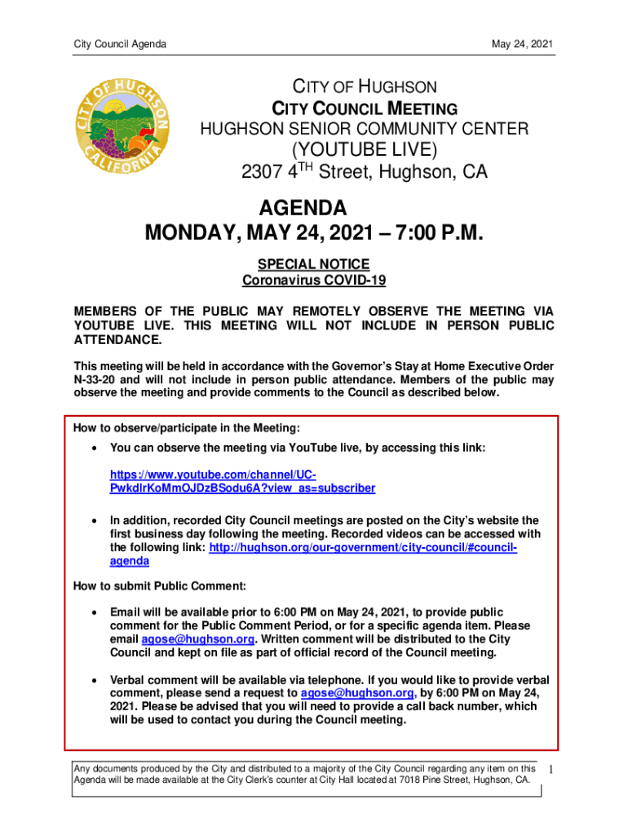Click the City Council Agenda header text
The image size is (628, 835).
click(x=119, y=43)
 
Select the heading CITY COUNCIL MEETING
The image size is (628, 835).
click(x=364, y=108)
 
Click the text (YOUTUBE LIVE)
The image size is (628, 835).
click(x=364, y=151)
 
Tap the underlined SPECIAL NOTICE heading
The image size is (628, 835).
click(x=313, y=264)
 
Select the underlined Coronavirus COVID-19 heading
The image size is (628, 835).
click(x=314, y=281)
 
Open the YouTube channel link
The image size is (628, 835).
click(x=242, y=482)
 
